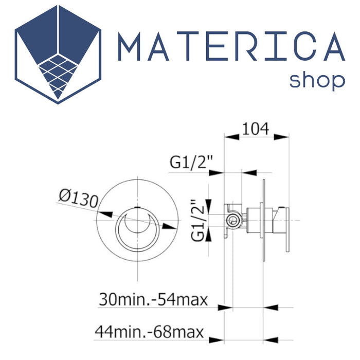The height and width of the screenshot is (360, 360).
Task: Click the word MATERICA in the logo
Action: click(x=231, y=46)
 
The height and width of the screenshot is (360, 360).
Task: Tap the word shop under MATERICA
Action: click(x=317, y=81)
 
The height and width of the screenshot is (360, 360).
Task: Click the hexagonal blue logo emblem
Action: click(x=58, y=55)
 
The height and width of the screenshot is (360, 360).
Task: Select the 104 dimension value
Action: click(x=255, y=129)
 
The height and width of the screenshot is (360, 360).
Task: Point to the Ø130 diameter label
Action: click(x=79, y=199)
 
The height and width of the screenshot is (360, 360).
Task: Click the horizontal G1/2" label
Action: click(x=191, y=162)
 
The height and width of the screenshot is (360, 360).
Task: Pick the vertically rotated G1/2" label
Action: click(x=197, y=220)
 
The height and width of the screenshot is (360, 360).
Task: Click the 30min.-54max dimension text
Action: click(x=153, y=299)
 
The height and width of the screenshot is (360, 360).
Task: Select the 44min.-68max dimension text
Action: click(x=149, y=332)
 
